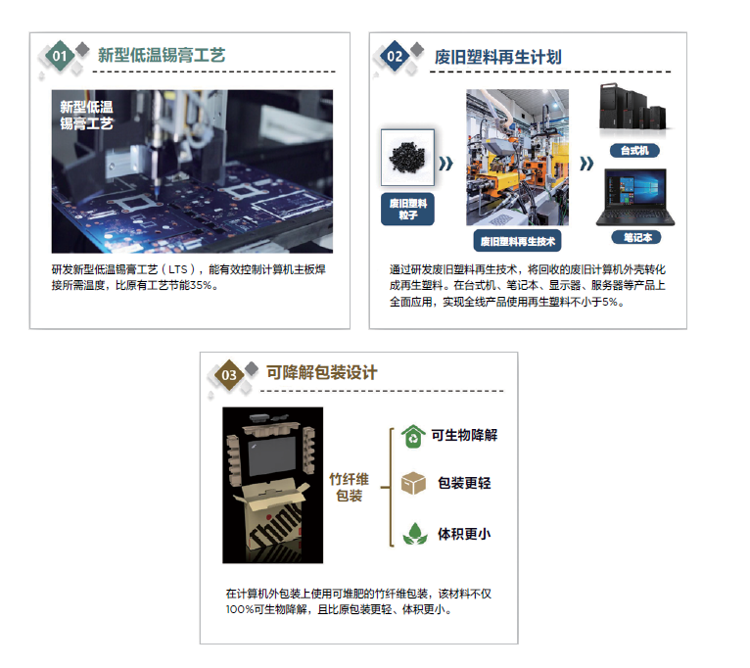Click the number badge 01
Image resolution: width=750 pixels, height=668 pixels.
pos(61,57)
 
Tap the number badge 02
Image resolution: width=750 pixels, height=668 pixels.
pos(395,57)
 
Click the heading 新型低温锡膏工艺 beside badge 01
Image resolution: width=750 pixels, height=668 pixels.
pos(162,56)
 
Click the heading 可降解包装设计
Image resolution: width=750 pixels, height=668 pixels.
pos(322,373)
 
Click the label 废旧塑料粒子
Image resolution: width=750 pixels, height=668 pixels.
pos(408,209)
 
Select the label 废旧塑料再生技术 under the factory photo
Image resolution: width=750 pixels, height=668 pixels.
pos(518,240)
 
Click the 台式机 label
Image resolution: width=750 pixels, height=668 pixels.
pos(634,151)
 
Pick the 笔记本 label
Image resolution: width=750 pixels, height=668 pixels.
pos(635,237)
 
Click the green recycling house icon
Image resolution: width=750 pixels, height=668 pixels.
pos(414,435)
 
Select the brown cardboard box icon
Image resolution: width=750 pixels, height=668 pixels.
pos(414,484)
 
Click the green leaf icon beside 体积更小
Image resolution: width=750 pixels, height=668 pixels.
pos(415,534)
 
